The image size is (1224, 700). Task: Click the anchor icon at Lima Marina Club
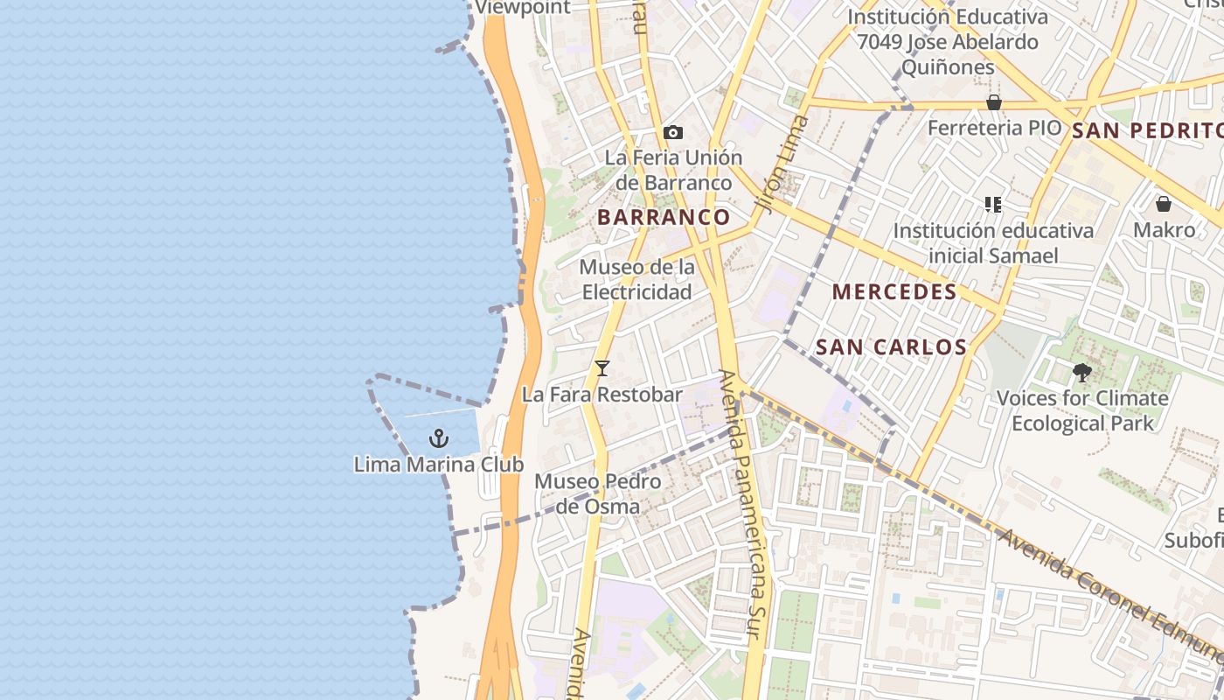(x=439, y=438)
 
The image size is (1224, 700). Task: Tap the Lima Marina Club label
(x=439, y=465)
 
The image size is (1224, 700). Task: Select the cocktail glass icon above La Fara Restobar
(x=602, y=368)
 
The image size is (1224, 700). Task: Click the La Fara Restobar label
(x=602, y=395)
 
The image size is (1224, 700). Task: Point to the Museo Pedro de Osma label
(x=597, y=493)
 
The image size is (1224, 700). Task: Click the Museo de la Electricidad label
(x=637, y=279)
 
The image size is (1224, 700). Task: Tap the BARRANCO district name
(x=664, y=217)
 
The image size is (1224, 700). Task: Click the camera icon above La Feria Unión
(x=672, y=132)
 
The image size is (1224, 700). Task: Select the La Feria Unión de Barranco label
(x=673, y=170)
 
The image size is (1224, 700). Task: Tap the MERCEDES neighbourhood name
(x=894, y=292)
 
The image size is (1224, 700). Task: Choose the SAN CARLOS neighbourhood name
(x=891, y=347)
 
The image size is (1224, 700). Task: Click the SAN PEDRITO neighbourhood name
(x=1146, y=131)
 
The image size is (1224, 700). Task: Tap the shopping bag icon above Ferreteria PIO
(x=993, y=103)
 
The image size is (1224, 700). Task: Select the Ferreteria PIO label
(x=994, y=128)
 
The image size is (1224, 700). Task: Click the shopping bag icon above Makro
(x=1163, y=204)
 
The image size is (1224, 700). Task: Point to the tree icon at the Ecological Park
(x=1082, y=373)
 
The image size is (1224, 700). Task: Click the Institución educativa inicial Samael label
(x=992, y=243)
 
